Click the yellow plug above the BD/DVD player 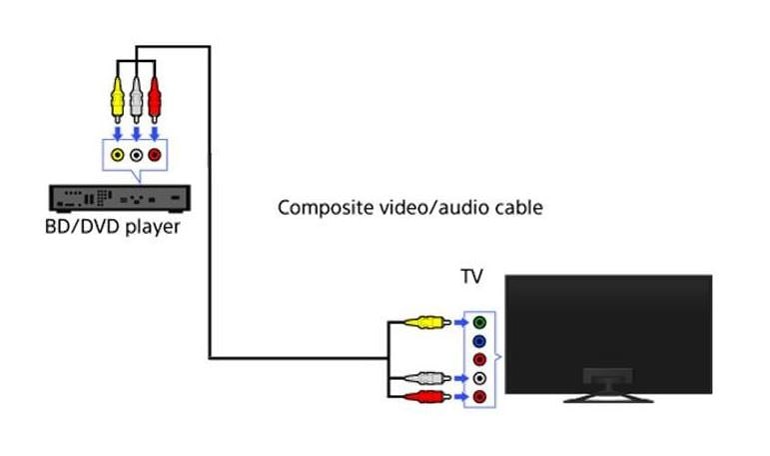[x=118, y=98]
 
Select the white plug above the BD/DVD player [x=136, y=98]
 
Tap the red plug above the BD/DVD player [x=154, y=98]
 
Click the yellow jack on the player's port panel [x=118, y=155]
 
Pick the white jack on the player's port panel [x=136, y=155]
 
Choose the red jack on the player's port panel [x=154, y=155]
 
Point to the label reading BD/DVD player [x=112, y=227]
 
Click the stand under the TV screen [x=608, y=388]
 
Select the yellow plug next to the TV [x=427, y=322]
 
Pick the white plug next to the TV [x=427, y=378]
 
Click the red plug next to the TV [x=427, y=397]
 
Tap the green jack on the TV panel [x=480, y=322]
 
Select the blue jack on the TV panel [x=480, y=341]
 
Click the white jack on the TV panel [x=480, y=378]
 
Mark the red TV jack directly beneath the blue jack [x=480, y=360]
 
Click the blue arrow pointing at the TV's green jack [x=459, y=322]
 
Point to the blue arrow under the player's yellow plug [x=118, y=132]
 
